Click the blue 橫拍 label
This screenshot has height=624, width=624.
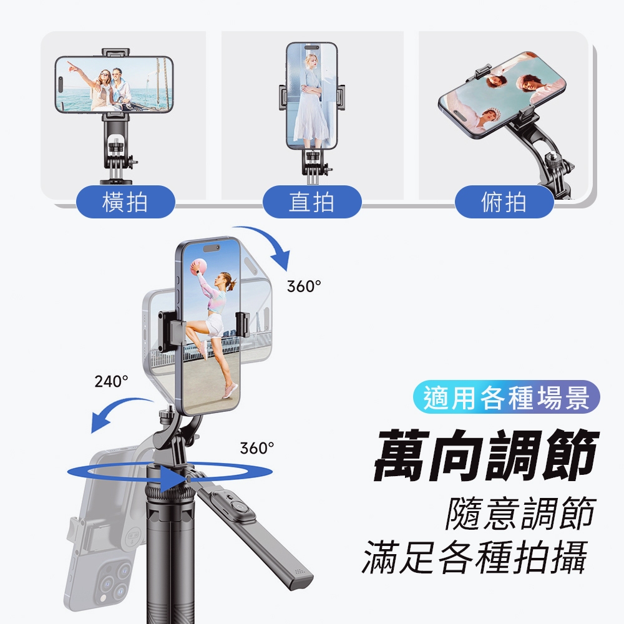[x=125, y=202]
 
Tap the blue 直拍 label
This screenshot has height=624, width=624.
[x=312, y=202]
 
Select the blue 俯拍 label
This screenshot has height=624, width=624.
[x=504, y=202]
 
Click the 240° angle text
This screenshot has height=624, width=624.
[x=112, y=381]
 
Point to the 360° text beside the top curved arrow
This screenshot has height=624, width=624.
[x=304, y=286]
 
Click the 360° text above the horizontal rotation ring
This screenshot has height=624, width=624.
[x=257, y=448]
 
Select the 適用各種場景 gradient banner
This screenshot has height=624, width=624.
[x=506, y=397]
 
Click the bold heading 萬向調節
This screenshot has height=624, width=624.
[x=486, y=454]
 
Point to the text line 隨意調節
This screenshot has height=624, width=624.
[x=520, y=514]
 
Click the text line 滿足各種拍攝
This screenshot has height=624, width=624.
[x=475, y=557]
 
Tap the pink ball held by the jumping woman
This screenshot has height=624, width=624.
[x=199, y=266]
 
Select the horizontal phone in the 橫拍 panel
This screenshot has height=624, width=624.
[x=114, y=85]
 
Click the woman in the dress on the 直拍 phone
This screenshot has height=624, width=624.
[x=310, y=99]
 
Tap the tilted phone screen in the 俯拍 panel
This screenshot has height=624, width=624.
[x=502, y=94]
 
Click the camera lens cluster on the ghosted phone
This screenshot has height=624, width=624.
[x=114, y=580]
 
